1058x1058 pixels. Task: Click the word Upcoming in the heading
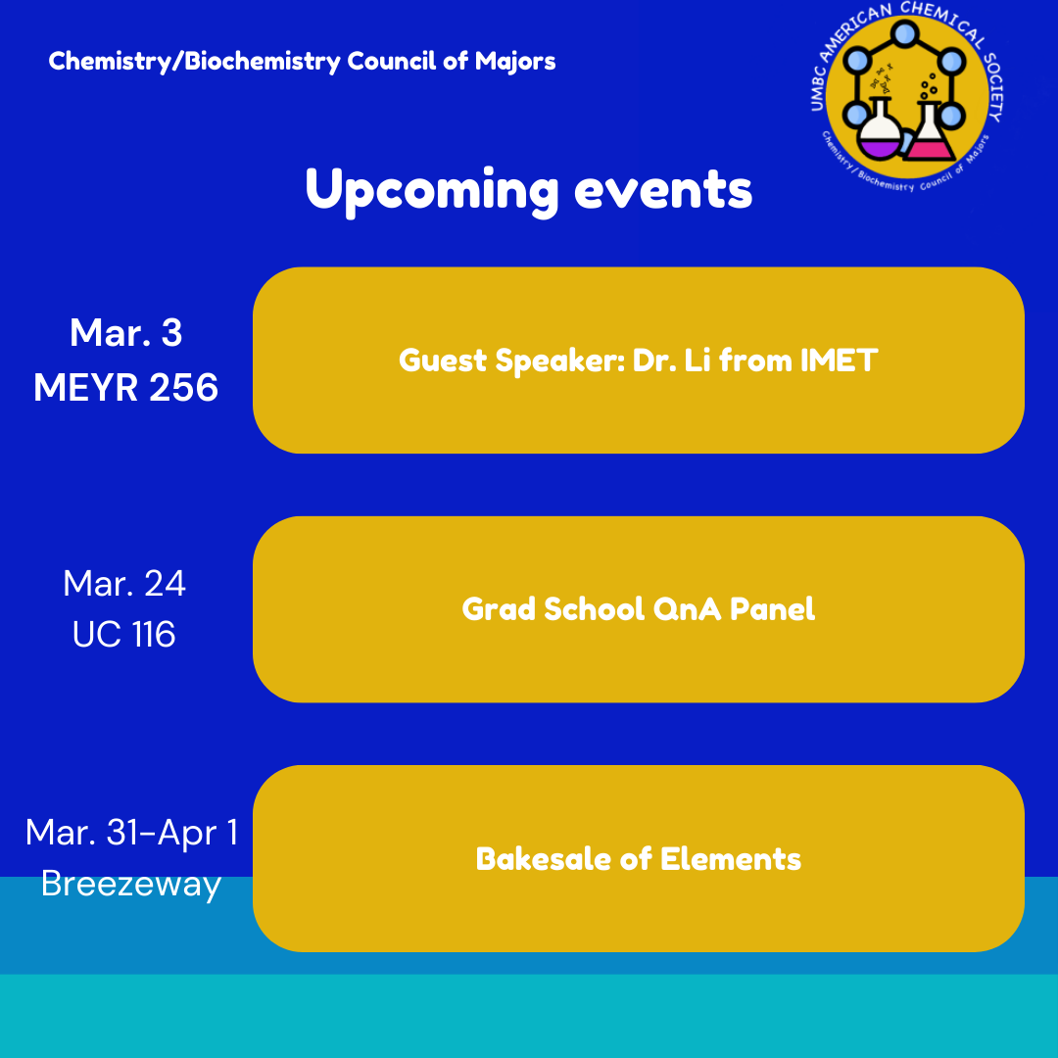[432, 192]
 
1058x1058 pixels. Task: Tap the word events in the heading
[663, 190]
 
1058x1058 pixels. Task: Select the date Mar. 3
[126, 333]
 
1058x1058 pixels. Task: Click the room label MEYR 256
[126, 387]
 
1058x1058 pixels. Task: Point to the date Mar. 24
[124, 583]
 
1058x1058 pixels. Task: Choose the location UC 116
[124, 634]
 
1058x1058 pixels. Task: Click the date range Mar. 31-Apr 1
[131, 832]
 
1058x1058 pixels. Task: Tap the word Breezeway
[131, 884]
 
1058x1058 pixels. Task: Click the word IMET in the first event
[839, 361]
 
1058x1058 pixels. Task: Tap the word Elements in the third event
[731, 859]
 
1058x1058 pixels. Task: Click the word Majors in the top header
[515, 62]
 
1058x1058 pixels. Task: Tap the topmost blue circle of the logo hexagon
[904, 32]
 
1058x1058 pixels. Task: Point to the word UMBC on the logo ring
[818, 88]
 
